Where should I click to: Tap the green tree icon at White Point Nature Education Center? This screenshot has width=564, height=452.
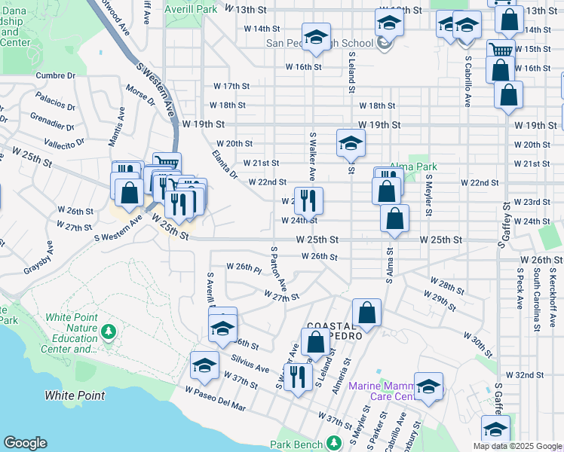coord(109,331)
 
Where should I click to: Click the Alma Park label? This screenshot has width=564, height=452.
coord(413,167)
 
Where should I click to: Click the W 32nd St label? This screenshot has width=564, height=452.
coord(525,374)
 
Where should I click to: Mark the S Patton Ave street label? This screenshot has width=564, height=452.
coord(278,268)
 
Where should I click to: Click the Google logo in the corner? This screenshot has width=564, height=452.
coord(25,443)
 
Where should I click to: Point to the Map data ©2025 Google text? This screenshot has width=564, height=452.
coord(516,446)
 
